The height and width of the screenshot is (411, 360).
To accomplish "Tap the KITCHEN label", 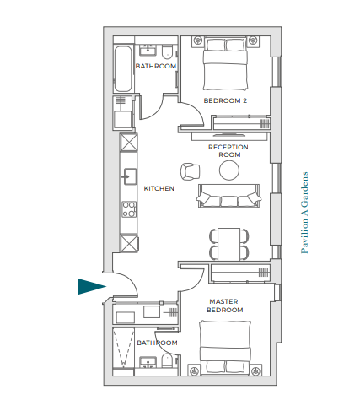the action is (159, 188).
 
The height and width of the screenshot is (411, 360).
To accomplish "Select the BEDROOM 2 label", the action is (225, 100).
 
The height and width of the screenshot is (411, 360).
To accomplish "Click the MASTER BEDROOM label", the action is (224, 306).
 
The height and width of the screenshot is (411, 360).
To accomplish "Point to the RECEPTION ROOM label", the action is (228, 151).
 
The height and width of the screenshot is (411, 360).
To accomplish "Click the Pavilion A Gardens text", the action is (304, 213).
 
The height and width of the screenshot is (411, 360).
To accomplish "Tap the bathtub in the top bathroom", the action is (123, 69).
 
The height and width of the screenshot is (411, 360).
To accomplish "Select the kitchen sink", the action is (129, 176).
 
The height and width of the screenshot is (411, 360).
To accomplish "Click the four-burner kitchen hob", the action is (129, 209).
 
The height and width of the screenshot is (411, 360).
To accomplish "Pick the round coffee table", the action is (229, 170).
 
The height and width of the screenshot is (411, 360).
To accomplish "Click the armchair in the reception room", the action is (191, 171).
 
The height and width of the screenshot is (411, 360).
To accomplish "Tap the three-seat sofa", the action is (228, 196).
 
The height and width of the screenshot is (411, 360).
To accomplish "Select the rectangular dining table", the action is (229, 245).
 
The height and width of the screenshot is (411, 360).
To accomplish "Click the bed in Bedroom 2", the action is (225, 63).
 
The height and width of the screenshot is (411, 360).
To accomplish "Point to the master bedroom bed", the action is (225, 349).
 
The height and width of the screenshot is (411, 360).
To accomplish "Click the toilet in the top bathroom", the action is (167, 52).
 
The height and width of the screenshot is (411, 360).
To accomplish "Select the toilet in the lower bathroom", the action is (167, 361).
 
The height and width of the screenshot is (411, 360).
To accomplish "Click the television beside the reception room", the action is (229, 134).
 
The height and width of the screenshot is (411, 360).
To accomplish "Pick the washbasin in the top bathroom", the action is (148, 50).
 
